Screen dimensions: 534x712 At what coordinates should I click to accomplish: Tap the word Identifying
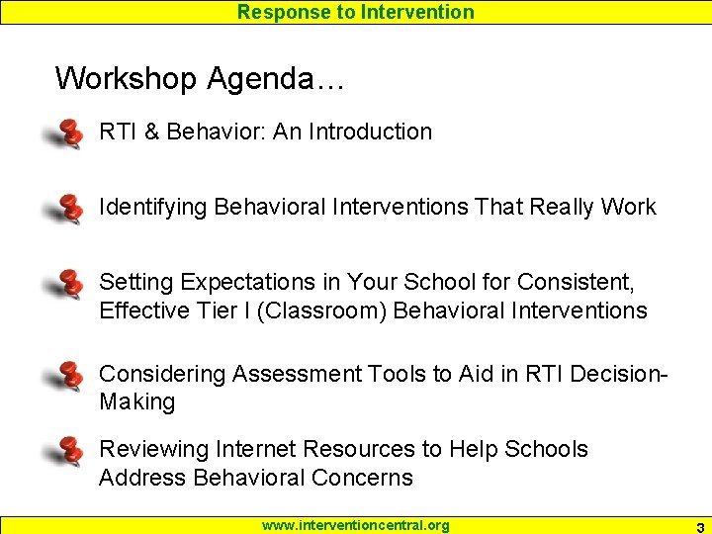(x=153, y=207)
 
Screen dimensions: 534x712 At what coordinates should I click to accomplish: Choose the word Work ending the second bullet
(x=628, y=207)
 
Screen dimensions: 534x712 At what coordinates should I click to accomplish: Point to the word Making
(x=136, y=402)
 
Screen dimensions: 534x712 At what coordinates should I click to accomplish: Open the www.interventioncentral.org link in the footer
(x=355, y=525)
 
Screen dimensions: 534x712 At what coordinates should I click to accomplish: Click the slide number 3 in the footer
(x=699, y=526)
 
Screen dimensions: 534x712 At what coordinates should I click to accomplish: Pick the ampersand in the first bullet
(x=151, y=132)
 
